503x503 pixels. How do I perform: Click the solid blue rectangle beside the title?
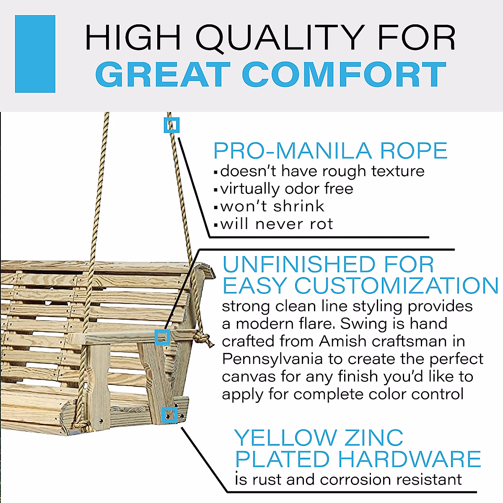(x=35, y=54)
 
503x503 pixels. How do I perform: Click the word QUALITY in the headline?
(x=280, y=38)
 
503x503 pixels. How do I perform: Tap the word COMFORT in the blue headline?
(x=344, y=75)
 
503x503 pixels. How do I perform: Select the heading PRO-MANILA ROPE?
(x=330, y=151)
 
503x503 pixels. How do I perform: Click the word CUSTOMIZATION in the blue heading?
(x=397, y=286)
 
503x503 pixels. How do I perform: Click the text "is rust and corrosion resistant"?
(x=348, y=479)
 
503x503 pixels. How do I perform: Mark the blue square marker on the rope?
(x=171, y=125)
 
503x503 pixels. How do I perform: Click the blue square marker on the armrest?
(x=162, y=337)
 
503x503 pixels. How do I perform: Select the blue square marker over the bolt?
(x=169, y=415)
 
